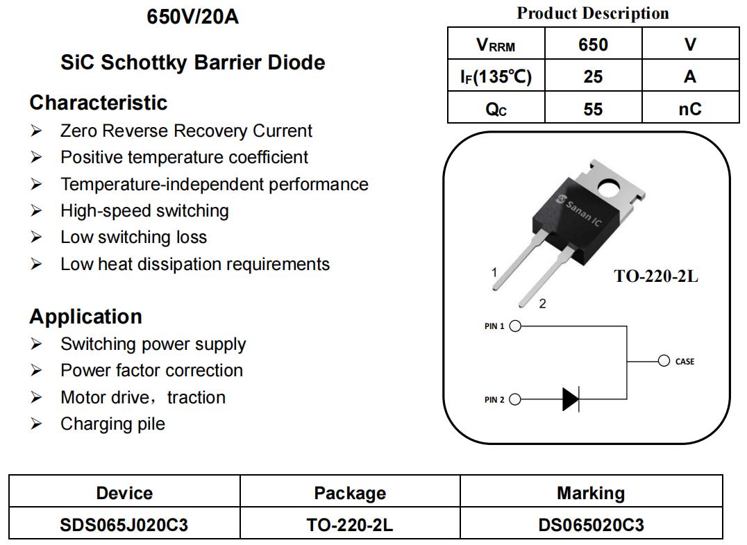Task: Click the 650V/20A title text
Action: (192, 17)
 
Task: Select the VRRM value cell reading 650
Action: (593, 44)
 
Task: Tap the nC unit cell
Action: (690, 108)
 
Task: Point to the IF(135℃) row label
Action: (496, 76)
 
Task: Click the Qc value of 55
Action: (593, 108)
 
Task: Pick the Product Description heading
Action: (593, 13)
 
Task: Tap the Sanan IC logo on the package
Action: (579, 210)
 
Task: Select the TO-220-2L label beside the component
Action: (656, 276)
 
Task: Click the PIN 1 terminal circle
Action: (515, 326)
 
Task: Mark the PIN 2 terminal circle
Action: (515, 399)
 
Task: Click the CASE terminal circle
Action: (664, 360)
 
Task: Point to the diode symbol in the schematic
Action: (571, 399)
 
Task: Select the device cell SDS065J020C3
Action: (124, 525)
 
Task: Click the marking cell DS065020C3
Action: (591, 525)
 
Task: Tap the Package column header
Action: (350, 493)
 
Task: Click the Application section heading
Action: (86, 317)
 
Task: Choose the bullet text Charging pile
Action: (113, 424)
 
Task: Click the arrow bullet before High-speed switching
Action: (36, 210)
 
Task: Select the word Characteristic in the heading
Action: (99, 103)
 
